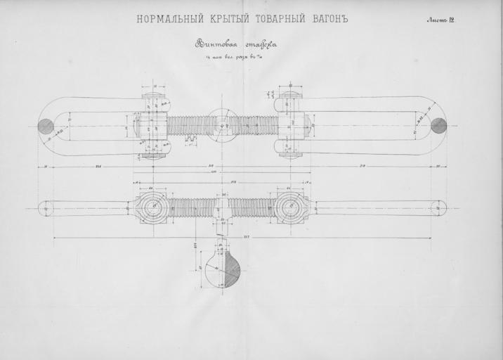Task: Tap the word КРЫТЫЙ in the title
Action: (x=224, y=18)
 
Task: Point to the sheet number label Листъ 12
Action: (x=440, y=19)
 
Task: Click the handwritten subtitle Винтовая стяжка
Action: (x=236, y=44)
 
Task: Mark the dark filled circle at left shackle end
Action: (x=46, y=126)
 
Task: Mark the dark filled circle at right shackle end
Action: (x=438, y=126)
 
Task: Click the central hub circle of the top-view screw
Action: (x=222, y=126)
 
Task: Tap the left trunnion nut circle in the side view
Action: (x=152, y=208)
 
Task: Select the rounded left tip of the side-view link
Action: (x=45, y=208)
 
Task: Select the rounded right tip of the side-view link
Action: (x=439, y=208)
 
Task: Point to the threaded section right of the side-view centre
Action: (x=253, y=208)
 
